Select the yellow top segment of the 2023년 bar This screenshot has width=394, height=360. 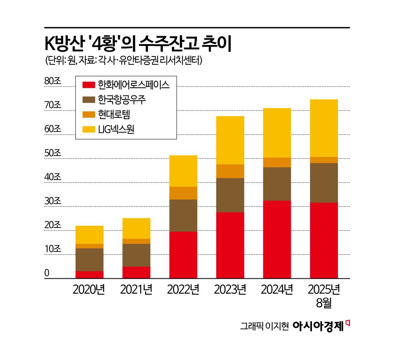pyautogui.click(x=230, y=140)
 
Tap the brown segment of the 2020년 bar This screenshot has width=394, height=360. pyautogui.click(x=89, y=259)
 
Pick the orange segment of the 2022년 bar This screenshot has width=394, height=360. pyautogui.click(x=183, y=193)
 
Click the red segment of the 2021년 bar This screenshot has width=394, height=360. pyautogui.click(x=136, y=272)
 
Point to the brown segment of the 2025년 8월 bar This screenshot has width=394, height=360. pyautogui.click(x=324, y=182)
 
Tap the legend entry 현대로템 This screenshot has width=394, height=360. pyautogui.click(x=114, y=115)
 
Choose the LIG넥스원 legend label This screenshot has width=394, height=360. pyautogui.click(x=116, y=130)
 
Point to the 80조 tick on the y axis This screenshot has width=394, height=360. pyautogui.click(x=52, y=81)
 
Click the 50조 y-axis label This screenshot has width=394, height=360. pyautogui.click(x=52, y=153)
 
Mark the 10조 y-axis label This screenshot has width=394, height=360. pyautogui.click(x=52, y=249)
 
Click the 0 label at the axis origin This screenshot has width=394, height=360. pyautogui.click(x=47, y=273)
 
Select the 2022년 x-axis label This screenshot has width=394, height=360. pyautogui.click(x=183, y=290)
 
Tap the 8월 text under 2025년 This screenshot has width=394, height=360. pyautogui.click(x=324, y=303)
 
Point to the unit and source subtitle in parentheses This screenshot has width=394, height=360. pyautogui.click(x=124, y=61)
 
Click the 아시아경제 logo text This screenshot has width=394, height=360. pyautogui.click(x=318, y=326)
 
